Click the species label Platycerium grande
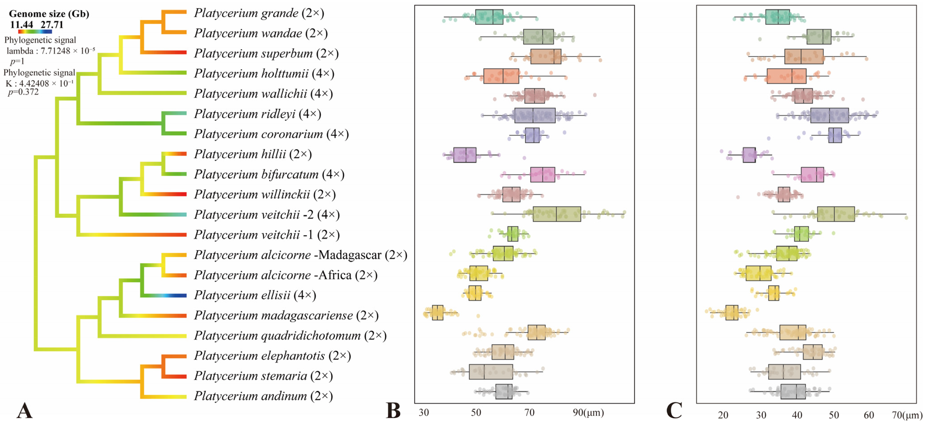(x=246, y=13)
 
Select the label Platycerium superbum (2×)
(x=266, y=54)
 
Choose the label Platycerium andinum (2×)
(x=264, y=396)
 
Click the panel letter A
(x=24, y=411)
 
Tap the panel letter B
(x=393, y=411)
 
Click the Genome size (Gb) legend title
(x=49, y=14)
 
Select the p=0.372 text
(x=23, y=92)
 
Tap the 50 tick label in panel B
(x=476, y=412)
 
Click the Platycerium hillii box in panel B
(x=465, y=155)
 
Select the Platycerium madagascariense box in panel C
(x=732, y=312)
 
